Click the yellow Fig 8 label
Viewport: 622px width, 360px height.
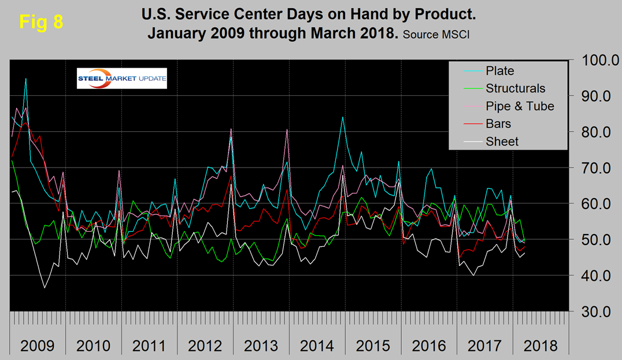(x=41, y=22)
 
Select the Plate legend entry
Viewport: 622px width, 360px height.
(x=500, y=71)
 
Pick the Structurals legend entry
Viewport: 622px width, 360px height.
(x=515, y=88)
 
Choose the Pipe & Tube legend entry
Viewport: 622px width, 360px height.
(x=520, y=106)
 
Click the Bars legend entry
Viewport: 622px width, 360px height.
(x=498, y=124)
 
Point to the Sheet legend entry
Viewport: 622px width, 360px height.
(x=502, y=142)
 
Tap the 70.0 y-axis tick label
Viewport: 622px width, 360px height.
(x=595, y=168)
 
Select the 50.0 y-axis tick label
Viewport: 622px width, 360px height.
(x=595, y=239)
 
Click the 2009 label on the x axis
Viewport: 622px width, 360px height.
(x=37, y=346)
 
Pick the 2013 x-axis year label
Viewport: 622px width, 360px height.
(x=260, y=346)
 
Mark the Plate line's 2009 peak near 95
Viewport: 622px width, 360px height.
(x=25, y=78)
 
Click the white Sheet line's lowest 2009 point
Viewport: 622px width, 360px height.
(x=44, y=287)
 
